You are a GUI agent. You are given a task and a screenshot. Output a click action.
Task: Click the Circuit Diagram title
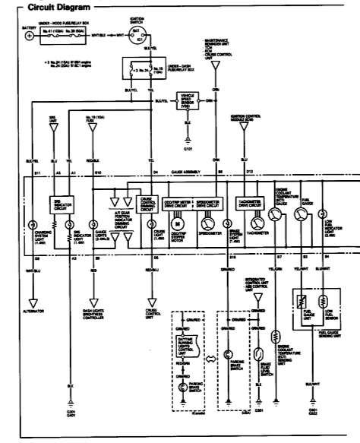coord(52,8)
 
